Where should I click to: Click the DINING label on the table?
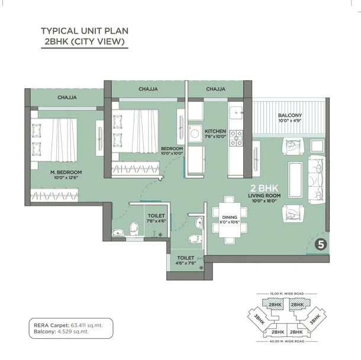pyautogui.click(x=230, y=218)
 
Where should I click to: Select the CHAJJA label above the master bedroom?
pyautogui.click(x=66, y=98)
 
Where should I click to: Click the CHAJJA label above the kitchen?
pyautogui.click(x=215, y=89)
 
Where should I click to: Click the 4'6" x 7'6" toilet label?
pyautogui.click(x=186, y=260)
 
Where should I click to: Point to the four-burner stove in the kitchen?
pyautogui.click(x=237, y=137)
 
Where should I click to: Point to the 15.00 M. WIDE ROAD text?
pyautogui.click(x=287, y=294)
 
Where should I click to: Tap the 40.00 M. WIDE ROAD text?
pyautogui.click(x=287, y=342)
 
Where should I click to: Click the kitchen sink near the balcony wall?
pyautogui.click(x=236, y=111)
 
